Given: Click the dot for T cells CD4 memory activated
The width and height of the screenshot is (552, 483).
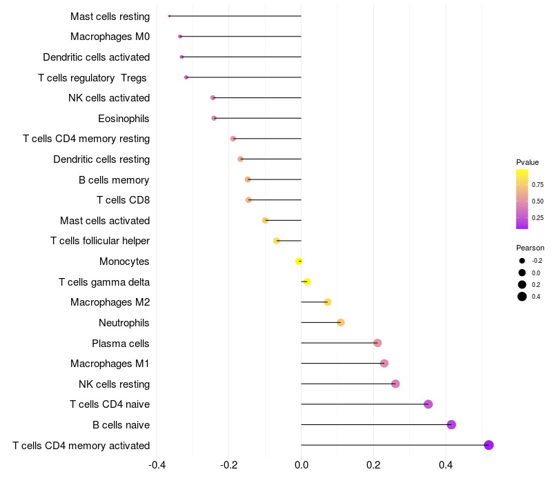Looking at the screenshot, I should coord(489,445).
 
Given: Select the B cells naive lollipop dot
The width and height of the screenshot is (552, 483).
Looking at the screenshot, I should coord(451,424).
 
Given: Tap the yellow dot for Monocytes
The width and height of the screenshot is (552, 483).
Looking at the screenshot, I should coord(299,261).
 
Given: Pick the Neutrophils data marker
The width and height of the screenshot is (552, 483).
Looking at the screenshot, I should coord(341,322).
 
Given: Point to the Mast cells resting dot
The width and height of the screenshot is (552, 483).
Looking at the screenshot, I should coord(170,16).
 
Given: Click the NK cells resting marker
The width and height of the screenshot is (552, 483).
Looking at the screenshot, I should coord(395,384).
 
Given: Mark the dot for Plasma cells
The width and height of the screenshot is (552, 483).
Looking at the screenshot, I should coord(377,343).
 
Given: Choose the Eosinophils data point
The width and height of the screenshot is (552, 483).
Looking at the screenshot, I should coord(214,118).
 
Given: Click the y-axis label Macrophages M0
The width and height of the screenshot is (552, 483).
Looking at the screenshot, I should coord(110,37).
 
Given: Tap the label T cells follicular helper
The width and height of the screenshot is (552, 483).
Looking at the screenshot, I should coord(100,241).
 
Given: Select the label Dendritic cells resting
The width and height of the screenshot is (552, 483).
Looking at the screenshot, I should coord(101,159).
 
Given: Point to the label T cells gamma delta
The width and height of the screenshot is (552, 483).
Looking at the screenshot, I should coord(104,282).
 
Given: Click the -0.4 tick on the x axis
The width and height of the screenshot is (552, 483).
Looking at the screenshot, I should coord(157,464).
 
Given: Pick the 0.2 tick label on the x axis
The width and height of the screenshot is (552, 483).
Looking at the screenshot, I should coord(373,464).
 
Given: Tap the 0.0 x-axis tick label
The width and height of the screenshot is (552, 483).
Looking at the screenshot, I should coord(302,464).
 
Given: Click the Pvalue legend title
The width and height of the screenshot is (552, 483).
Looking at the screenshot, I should coord(527,162).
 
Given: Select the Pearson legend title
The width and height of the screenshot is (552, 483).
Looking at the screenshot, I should coord(530,248).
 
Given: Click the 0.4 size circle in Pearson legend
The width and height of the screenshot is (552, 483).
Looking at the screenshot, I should coord(522,297).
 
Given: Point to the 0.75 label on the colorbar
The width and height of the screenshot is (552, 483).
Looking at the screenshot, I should coord(538,185).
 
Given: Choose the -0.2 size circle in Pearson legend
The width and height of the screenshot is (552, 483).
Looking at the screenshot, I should coord(522,261).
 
